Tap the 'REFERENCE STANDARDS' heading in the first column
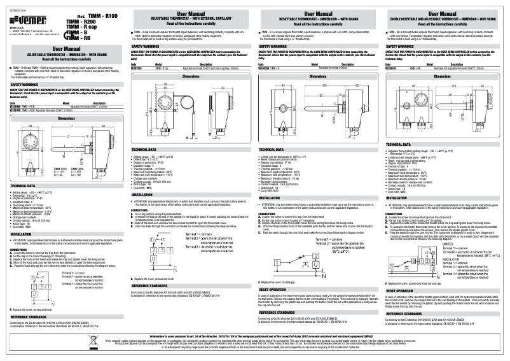(30, 333)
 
